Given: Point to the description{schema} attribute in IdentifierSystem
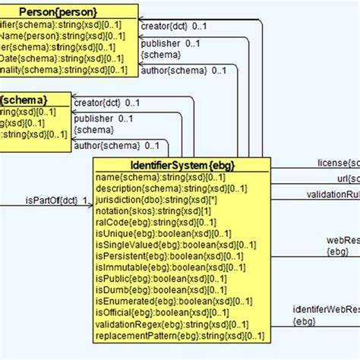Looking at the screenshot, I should pyautogui.click(x=160, y=188).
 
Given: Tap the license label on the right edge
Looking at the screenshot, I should pyautogui.click(x=337, y=162).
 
